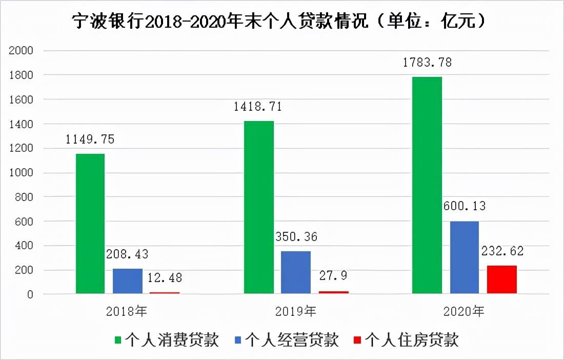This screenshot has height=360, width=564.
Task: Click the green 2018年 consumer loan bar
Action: coord(90,224)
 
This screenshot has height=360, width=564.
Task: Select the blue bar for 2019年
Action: coord(296,272)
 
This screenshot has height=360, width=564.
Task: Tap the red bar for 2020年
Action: coord(501,279)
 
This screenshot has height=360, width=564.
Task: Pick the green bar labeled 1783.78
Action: coord(427,185)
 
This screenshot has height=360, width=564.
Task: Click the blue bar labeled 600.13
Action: coord(465,257)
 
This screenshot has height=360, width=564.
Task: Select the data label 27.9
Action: coord(333,275)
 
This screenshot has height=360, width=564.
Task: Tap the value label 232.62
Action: coord(501,251)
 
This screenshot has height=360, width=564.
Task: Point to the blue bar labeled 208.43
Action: coord(128,281)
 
